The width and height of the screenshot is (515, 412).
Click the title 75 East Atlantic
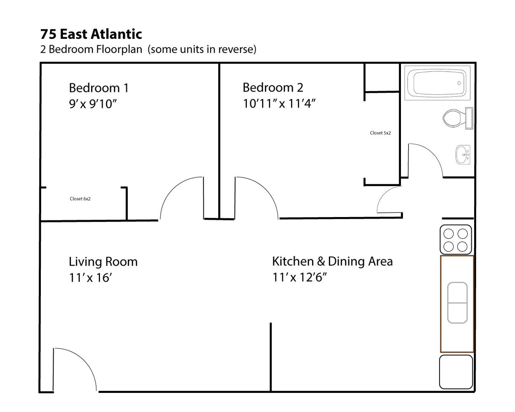coord(91,34)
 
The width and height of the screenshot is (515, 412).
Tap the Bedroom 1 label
coord(99,88)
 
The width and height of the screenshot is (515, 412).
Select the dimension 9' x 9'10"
coord(93,104)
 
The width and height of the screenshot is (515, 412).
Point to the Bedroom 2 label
coord(273,87)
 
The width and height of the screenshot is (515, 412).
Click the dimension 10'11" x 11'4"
coord(279,103)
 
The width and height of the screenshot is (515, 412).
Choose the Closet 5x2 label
coord(380,133)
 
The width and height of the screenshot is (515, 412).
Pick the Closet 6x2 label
coord(80,199)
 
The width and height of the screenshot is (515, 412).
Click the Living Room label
coord(103,262)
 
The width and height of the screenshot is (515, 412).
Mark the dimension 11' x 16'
coord(90,278)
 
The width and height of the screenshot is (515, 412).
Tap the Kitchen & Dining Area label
coord(332,261)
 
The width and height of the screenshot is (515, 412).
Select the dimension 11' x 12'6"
coord(299,277)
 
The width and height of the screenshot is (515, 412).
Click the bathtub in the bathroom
coord(438,83)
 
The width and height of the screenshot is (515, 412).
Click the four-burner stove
coord(456,240)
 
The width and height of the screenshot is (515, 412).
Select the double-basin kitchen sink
coord(457,303)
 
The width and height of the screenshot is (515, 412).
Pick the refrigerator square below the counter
coord(456,372)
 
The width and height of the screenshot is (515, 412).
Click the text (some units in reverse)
coord(202,50)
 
